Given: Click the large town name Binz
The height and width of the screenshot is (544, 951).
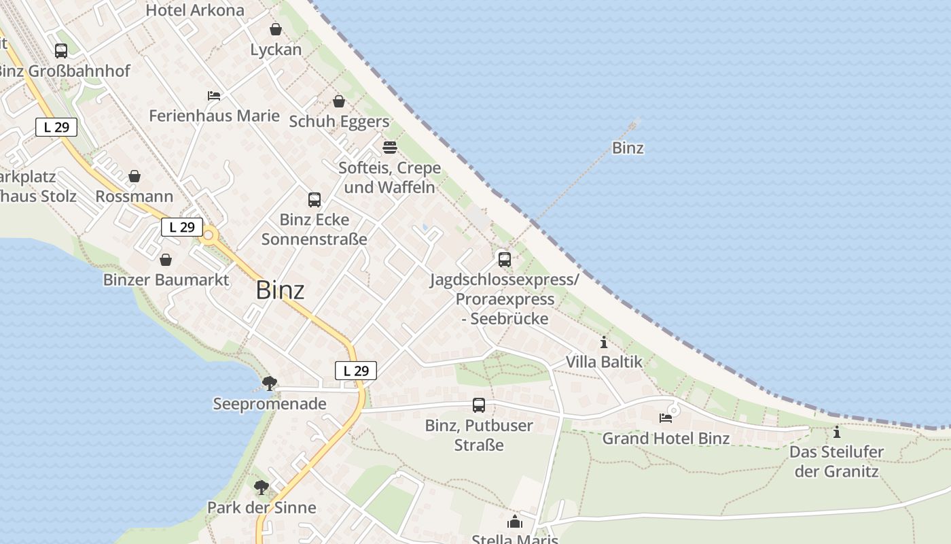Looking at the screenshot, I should [280, 290].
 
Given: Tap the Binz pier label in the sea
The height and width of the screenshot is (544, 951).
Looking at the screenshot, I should [628, 148].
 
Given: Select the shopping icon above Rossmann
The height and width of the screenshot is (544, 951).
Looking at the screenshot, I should [134, 176].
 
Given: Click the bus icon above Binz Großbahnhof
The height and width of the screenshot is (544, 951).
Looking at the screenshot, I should [61, 50].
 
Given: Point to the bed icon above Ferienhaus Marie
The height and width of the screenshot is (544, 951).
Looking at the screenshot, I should [214, 96].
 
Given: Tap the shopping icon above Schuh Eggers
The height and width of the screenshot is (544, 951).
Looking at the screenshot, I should [339, 101].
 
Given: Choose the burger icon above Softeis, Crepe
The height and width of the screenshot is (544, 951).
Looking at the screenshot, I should [390, 148].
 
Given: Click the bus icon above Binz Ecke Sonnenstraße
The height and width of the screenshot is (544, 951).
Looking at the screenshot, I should [315, 199].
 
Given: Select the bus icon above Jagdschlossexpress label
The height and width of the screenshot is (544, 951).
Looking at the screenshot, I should [504, 259].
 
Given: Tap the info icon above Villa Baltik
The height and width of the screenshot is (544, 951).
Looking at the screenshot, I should [604, 342].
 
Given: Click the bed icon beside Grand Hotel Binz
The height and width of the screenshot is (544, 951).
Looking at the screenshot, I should [666, 418].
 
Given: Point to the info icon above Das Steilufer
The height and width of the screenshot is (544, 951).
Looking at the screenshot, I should [836, 432].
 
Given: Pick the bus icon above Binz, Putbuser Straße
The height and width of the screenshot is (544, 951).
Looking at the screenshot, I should [479, 405].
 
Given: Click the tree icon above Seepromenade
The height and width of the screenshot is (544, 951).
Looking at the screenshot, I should [270, 383].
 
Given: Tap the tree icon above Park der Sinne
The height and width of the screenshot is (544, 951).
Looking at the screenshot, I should [262, 487].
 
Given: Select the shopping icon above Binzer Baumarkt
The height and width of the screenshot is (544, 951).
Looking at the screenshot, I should [166, 260].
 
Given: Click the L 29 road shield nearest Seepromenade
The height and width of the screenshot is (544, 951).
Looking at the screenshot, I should [356, 371].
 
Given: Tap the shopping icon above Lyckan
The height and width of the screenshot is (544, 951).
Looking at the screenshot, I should [276, 29].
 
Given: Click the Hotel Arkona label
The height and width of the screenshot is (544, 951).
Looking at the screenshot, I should [195, 10].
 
